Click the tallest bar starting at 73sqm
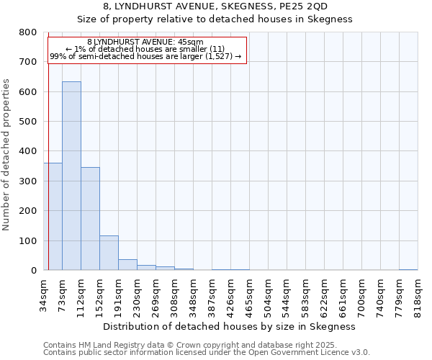tap(71, 176)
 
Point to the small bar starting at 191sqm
tap(127, 264)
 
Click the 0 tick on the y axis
tap(34, 271)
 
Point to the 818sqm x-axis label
tap(418, 295)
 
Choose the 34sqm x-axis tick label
tap(43, 295)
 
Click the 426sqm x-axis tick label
tap(230, 295)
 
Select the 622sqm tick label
tap(324, 295)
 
